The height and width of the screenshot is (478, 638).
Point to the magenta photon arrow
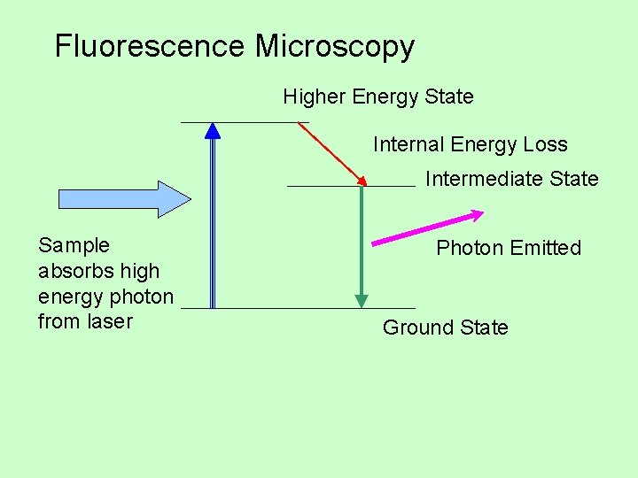coord(425,228)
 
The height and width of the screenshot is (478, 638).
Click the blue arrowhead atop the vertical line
coord(213,131)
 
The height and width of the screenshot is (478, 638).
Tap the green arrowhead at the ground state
coord(362,300)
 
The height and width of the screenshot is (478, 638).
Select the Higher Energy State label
coord(378,96)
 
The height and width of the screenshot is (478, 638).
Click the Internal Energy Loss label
coord(470,144)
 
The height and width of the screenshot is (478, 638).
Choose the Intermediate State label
coord(511,179)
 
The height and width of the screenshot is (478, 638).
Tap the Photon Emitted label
coord(509,248)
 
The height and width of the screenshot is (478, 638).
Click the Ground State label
coord(445,328)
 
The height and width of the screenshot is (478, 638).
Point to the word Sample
coord(74,245)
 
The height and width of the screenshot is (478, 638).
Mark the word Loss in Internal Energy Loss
coord(545,144)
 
